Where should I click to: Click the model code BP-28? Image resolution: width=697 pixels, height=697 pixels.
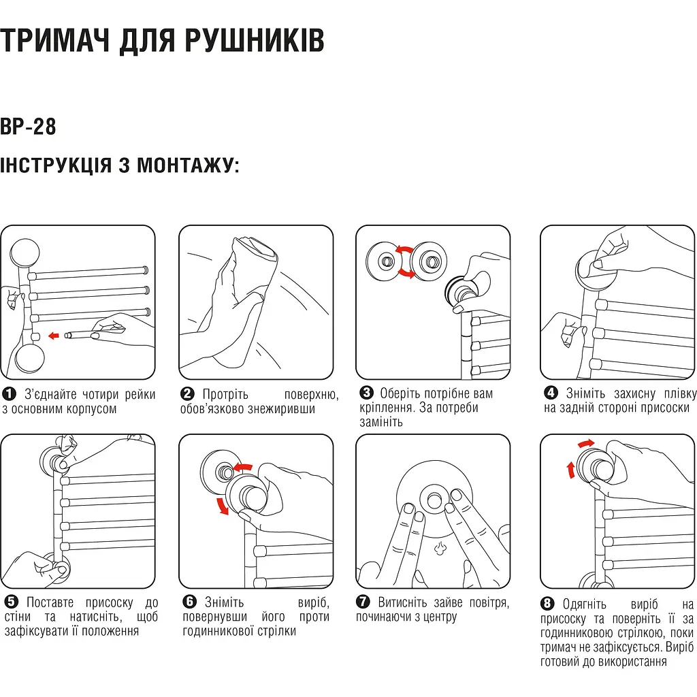click(28, 127)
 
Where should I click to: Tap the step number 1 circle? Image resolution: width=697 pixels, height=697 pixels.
click(9, 394)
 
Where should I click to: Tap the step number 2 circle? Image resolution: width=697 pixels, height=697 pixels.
click(187, 394)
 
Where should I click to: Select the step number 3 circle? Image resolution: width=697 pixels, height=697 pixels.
click(366, 393)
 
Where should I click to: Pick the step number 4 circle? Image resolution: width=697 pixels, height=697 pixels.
click(551, 393)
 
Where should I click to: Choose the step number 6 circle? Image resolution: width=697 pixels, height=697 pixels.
click(189, 602)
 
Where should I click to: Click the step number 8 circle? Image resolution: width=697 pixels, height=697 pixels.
click(547, 604)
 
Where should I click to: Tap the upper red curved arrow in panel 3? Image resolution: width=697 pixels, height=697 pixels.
click(404, 250)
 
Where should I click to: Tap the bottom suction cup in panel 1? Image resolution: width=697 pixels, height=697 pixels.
click(29, 359)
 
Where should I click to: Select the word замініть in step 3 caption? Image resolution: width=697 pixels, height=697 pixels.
click(381, 422)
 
